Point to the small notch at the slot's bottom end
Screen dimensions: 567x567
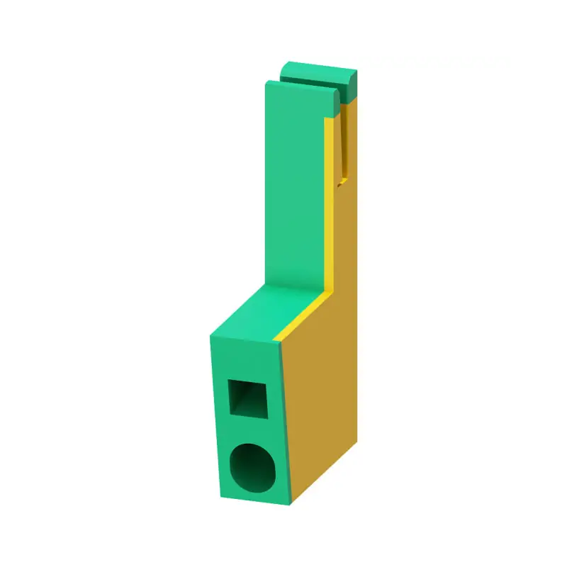click(x=343, y=183)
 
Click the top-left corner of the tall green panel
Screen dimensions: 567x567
click(x=266, y=84)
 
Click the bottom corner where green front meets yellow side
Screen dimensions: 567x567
click(x=291, y=505)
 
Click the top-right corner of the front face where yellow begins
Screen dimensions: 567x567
click(x=280, y=344)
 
